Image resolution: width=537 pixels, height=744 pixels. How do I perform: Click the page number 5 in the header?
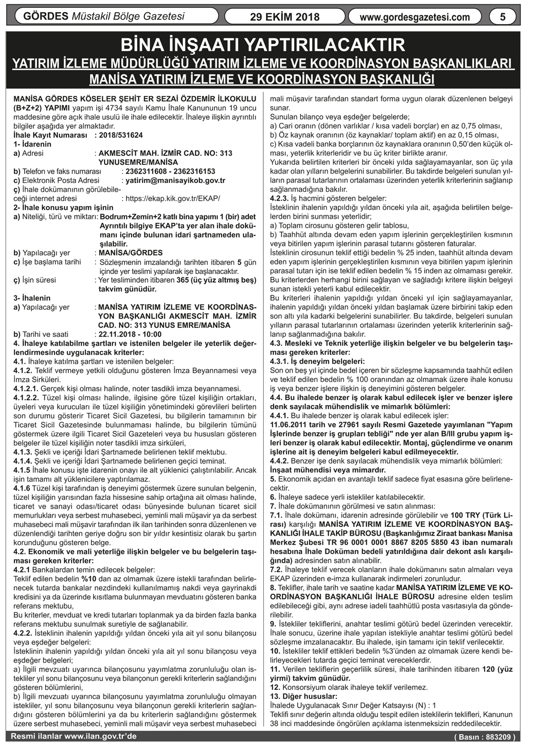coord(502,17)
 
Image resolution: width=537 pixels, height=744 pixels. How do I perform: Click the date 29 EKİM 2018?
coord(284,17)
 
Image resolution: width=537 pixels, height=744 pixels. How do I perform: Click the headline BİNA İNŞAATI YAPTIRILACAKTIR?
coord(263,45)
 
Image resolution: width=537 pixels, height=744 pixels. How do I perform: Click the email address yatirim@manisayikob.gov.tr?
coord(175,180)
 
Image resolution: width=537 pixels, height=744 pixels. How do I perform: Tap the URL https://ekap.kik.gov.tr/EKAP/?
coord(173,198)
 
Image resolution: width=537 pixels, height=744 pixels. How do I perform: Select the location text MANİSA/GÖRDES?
coord(131,253)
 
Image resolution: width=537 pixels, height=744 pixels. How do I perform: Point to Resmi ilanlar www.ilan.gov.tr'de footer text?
coord(74,736)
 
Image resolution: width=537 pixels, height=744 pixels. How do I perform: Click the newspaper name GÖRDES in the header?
coord(46,17)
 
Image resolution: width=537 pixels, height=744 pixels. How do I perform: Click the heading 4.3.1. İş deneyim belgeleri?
coord(317,361)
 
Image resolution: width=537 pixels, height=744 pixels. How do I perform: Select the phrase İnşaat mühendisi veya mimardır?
coord(328,470)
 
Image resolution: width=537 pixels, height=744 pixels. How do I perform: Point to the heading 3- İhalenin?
coord(32,298)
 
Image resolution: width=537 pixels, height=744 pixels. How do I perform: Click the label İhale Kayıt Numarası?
coord(51,135)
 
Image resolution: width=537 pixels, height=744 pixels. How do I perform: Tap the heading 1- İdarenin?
coord(32,144)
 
